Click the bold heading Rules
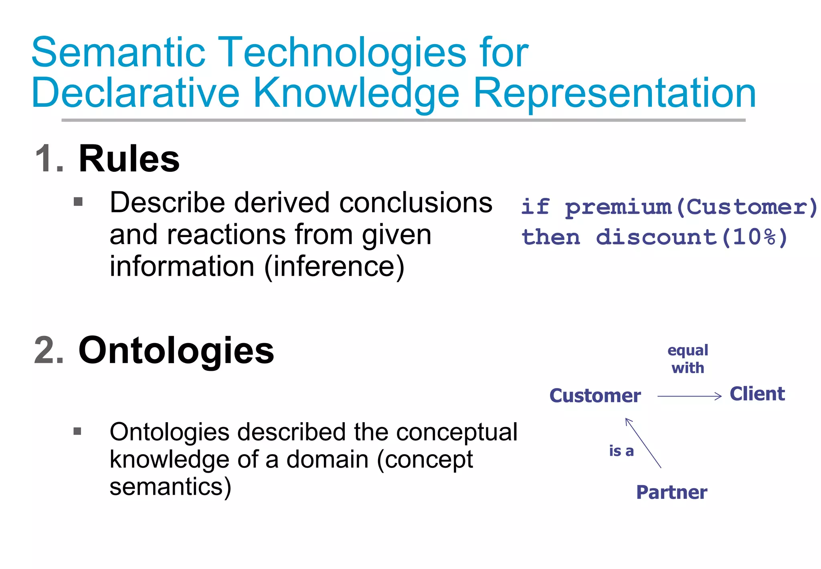[129, 159]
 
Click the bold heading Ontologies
[176, 351]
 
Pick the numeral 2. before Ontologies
[49, 351]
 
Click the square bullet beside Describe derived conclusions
[78, 201]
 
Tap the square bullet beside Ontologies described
[78, 431]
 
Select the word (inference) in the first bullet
[334, 266]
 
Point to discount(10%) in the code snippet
[692, 237]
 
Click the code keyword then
[550, 237]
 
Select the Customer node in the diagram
[595, 396]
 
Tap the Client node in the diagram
[757, 394]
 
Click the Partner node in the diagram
[671, 492]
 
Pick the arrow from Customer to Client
[690, 396]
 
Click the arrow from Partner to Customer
[643, 443]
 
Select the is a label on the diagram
[621, 451]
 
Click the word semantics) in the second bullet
[170, 487]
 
